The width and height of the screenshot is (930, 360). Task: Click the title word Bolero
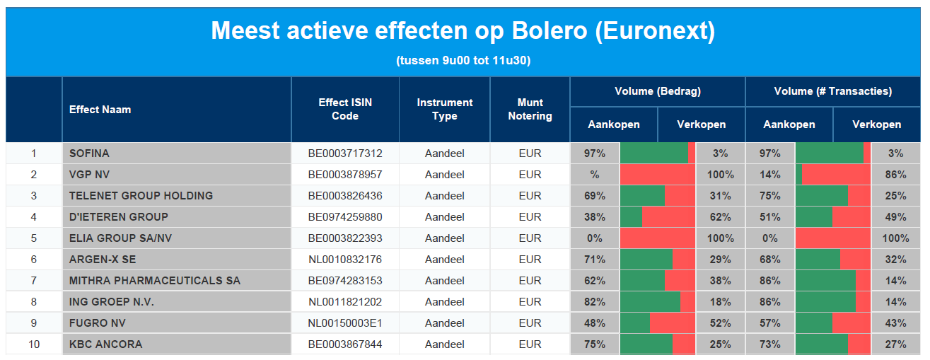[x=550, y=30]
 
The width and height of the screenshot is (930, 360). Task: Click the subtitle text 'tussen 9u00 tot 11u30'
[x=463, y=61]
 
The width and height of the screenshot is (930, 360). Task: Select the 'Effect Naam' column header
[x=100, y=110]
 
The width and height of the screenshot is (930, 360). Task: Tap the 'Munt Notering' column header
[x=530, y=109]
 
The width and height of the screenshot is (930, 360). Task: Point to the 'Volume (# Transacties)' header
[x=833, y=91]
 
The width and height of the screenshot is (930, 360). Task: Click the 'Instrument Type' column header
[x=445, y=109]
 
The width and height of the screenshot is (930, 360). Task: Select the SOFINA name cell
[x=89, y=153]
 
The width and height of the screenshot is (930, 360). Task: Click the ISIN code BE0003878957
[x=345, y=175]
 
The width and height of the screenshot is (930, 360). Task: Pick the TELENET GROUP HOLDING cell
[x=141, y=196]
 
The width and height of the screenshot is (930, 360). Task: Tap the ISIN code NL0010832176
[x=345, y=260]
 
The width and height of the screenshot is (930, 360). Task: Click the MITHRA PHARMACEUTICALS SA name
[x=155, y=281]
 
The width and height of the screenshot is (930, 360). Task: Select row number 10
[x=34, y=344]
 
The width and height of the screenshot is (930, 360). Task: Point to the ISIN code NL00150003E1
[x=345, y=323]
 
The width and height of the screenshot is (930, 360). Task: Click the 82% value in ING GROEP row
[x=595, y=302]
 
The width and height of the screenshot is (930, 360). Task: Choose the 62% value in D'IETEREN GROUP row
[x=721, y=216]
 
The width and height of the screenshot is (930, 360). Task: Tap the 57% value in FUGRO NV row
[x=770, y=323]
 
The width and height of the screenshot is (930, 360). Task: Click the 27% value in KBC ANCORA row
[x=895, y=344]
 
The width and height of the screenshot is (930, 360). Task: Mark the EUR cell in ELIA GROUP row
[x=530, y=238]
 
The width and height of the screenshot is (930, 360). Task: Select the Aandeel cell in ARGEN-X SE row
[x=445, y=260]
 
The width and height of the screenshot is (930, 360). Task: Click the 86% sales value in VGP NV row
[x=895, y=175]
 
